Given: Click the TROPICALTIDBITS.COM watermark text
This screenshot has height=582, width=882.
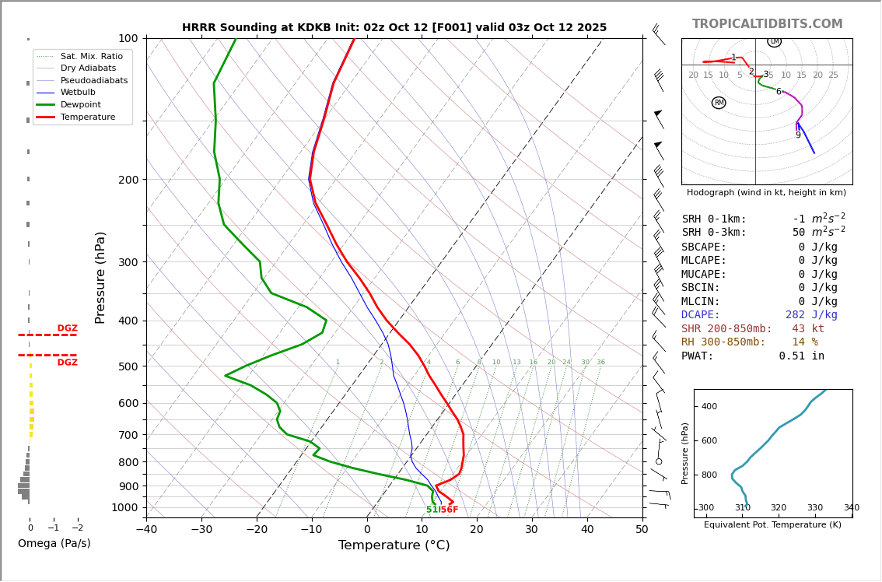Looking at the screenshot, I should pyautogui.click(x=767, y=24).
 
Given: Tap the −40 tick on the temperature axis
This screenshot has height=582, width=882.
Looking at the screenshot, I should pyautogui.click(x=146, y=530).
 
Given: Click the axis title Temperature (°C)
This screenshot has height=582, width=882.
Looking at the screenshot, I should pyautogui.click(x=394, y=545).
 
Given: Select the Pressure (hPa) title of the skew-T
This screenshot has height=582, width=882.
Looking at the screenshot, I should pyautogui.click(x=100, y=277).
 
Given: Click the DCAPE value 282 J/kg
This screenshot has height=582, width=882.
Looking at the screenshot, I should pyautogui.click(x=811, y=315).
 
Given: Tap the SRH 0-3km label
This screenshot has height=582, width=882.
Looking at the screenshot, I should pyautogui.click(x=714, y=233).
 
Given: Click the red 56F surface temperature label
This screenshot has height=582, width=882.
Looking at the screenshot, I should pyautogui.click(x=450, y=510).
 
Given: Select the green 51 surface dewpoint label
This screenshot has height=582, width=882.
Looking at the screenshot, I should pyautogui.click(x=431, y=510).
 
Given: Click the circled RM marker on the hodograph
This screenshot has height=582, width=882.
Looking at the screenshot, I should pyautogui.click(x=719, y=103).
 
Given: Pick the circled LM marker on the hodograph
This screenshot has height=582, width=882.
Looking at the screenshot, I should pyautogui.click(x=774, y=41).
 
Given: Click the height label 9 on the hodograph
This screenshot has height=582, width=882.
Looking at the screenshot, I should pyautogui.click(x=797, y=135).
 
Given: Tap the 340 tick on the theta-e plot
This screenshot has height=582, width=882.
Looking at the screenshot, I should pyautogui.click(x=851, y=508).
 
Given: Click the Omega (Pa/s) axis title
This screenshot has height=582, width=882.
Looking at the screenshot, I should pyautogui.click(x=54, y=543).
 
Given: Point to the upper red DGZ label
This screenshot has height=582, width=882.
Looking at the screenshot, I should pyautogui.click(x=67, y=328).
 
